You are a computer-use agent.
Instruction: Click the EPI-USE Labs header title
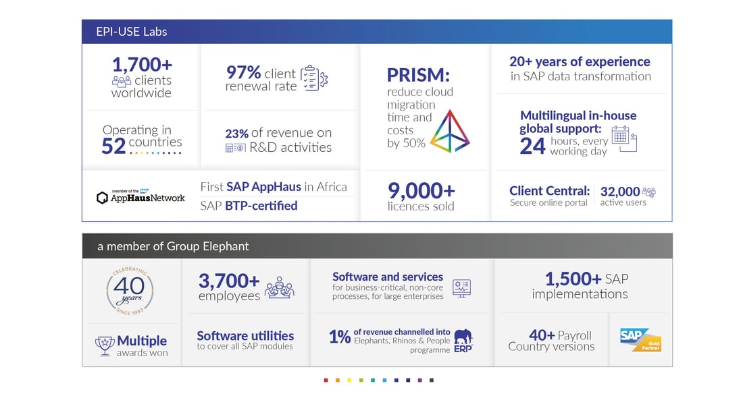(131, 32)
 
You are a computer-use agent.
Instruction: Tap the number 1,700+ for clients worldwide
(142, 65)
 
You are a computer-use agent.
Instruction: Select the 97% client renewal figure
(244, 72)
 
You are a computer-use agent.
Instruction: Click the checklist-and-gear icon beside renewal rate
(314, 78)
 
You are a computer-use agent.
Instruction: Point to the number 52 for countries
(113, 146)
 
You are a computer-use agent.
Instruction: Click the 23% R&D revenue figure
(237, 134)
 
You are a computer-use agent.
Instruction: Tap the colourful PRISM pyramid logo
(450, 131)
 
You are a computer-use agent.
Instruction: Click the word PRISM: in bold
(418, 75)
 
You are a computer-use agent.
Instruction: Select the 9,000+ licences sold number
(421, 191)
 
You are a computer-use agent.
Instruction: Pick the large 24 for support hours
(533, 146)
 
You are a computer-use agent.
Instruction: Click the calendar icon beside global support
(624, 138)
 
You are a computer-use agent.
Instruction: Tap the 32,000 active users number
(620, 192)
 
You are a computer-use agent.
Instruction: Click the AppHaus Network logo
(140, 196)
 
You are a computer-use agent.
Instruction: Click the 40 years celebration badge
(130, 291)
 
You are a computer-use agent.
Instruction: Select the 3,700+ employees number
(229, 281)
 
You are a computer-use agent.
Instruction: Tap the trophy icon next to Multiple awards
(104, 346)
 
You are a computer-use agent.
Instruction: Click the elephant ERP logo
(463, 341)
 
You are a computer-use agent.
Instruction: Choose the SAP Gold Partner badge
(640, 340)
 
